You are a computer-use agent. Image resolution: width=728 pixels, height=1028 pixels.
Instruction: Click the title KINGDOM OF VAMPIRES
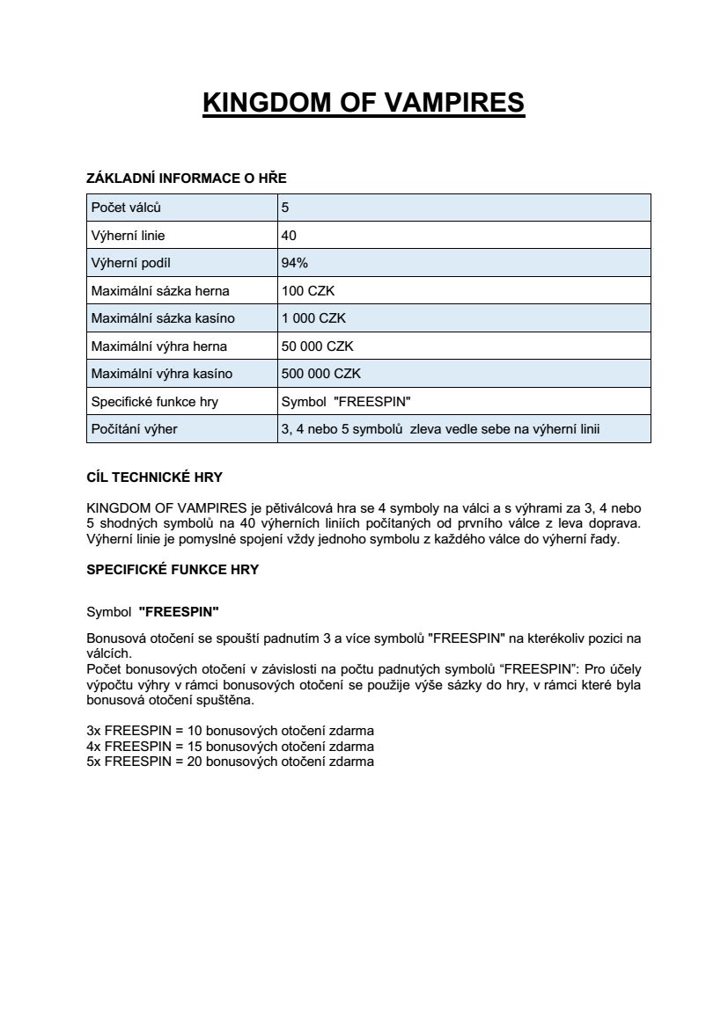(x=364, y=103)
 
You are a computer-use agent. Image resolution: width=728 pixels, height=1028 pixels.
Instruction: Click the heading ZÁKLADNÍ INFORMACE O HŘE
(x=187, y=179)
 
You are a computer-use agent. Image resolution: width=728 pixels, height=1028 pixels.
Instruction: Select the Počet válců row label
(x=127, y=208)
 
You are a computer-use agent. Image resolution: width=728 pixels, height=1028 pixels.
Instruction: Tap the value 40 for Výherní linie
(x=289, y=236)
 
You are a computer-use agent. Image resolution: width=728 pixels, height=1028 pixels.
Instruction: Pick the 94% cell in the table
(x=294, y=263)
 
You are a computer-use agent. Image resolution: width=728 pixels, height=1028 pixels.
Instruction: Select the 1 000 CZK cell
(x=307, y=318)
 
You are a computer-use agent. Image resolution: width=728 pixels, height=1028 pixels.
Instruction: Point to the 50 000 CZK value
(x=317, y=346)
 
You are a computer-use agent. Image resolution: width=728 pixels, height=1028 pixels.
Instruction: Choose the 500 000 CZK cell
(x=320, y=374)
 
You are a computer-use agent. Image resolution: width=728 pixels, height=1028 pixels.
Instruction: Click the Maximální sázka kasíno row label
(x=163, y=318)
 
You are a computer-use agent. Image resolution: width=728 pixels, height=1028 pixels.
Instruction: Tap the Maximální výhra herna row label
(x=159, y=346)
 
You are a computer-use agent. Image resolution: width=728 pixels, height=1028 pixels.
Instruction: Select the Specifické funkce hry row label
(x=155, y=402)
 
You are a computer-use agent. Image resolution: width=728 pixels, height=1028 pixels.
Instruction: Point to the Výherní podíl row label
(x=131, y=263)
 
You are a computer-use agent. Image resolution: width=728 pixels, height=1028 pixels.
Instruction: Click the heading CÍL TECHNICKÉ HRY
(x=154, y=478)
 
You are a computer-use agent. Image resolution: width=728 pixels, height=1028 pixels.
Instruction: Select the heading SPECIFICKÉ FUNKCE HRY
(x=173, y=569)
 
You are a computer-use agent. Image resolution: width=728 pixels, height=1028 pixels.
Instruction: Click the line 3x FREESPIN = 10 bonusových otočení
(x=231, y=731)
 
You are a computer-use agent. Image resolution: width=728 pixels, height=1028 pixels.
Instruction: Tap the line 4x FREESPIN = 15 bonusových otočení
(x=231, y=747)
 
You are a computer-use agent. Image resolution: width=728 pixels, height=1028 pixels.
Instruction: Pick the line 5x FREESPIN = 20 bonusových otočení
(x=231, y=762)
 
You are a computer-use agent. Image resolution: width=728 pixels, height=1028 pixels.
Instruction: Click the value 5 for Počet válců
(x=285, y=208)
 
